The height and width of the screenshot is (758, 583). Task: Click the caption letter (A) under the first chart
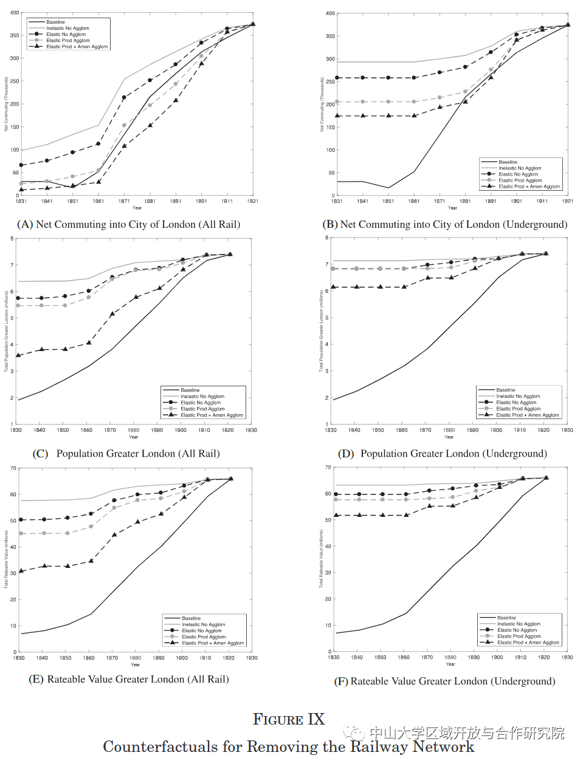click(x=25, y=225)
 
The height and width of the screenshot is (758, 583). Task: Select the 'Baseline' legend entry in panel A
click(x=55, y=22)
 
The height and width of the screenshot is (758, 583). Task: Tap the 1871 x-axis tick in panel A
click(x=124, y=201)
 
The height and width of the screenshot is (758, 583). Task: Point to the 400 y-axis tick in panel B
click(x=330, y=13)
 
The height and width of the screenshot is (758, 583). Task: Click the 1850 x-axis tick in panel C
click(x=63, y=430)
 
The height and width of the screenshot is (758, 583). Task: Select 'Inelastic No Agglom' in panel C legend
click(x=202, y=397)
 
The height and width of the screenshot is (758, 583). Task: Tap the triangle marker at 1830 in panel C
click(x=18, y=355)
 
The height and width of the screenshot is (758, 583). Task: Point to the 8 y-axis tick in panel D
click(x=326, y=238)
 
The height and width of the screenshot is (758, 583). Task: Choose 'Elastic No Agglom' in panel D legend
click(x=516, y=402)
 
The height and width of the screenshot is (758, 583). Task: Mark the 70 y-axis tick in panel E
click(x=13, y=468)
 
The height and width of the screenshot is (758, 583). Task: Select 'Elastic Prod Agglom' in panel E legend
click(x=203, y=637)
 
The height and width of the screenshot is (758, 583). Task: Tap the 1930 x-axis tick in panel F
click(x=567, y=657)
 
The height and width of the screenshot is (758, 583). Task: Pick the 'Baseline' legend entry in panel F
click(x=506, y=618)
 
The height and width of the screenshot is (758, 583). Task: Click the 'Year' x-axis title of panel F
click(x=450, y=664)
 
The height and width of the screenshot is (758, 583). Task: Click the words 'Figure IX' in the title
click(x=289, y=720)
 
